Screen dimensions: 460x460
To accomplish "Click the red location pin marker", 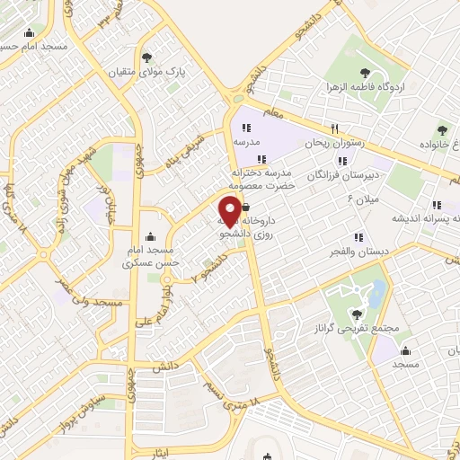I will (233, 206).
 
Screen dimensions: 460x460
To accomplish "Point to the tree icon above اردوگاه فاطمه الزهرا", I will (365, 74).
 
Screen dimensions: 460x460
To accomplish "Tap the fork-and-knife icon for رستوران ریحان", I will (334, 128).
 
